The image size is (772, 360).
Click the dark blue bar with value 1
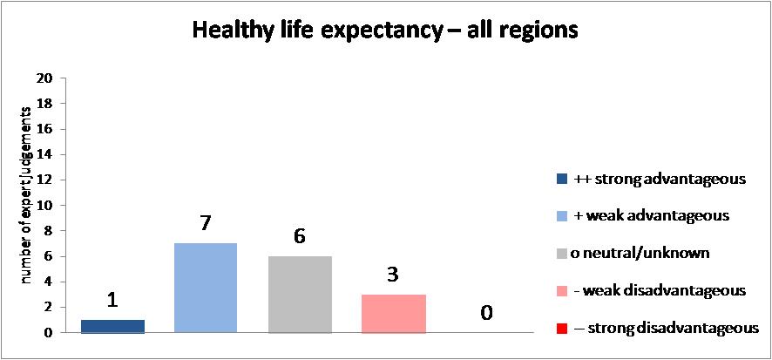112,326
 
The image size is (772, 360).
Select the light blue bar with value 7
206,288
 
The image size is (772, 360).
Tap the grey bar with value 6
300,295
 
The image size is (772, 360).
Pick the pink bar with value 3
393,314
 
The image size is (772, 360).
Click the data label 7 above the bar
206,224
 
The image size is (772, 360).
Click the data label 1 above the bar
112,301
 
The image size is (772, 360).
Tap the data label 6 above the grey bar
300,237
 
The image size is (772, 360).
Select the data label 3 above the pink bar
393,275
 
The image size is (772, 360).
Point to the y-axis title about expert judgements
26,197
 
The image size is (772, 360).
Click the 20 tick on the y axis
46,78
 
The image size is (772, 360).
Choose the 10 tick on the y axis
46,206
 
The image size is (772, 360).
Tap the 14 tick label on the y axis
46,154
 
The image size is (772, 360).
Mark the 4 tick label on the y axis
50,282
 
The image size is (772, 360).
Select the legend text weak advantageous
653,215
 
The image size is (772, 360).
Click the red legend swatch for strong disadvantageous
560,327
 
